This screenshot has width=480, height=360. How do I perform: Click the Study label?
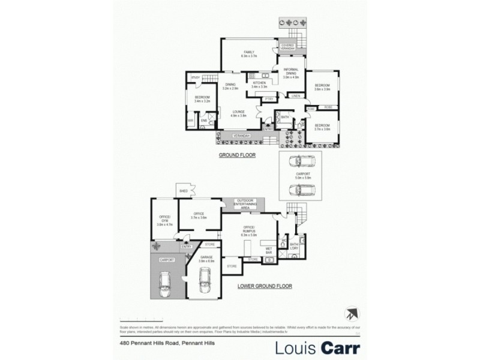tap(195, 78)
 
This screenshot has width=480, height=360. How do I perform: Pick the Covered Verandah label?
tap(287, 46)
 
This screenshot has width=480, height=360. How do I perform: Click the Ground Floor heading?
tap(236, 155)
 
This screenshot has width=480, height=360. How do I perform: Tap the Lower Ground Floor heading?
tap(265, 286)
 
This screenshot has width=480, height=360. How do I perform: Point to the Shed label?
tap(184, 191)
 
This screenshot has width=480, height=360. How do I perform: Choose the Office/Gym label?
tap(164, 221)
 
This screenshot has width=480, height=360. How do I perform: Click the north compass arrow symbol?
tap(352, 314)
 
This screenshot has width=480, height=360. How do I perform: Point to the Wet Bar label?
tap(269, 249)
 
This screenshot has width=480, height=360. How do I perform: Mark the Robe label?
tap(328, 107)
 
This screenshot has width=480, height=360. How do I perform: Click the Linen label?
tap(296, 96)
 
